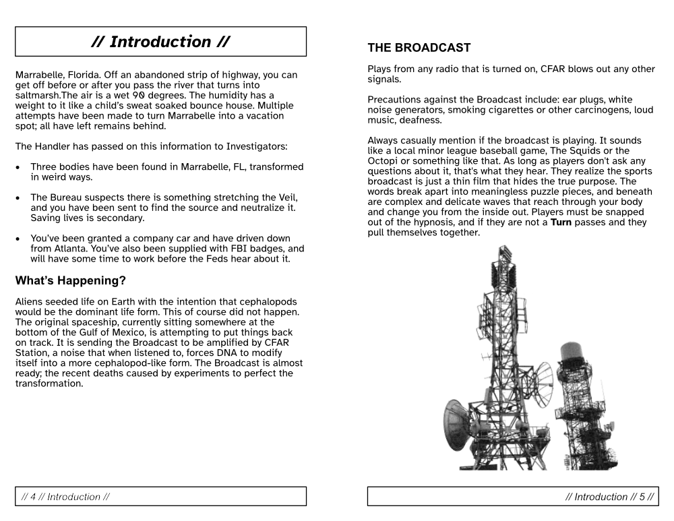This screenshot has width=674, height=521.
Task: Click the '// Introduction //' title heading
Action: coord(160,42)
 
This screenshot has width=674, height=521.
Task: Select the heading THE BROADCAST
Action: coord(419,48)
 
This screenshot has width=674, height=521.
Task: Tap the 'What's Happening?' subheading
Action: coord(71,280)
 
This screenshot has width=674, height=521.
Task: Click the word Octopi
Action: coord(385,161)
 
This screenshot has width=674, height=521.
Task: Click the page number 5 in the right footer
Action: coord(642,497)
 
